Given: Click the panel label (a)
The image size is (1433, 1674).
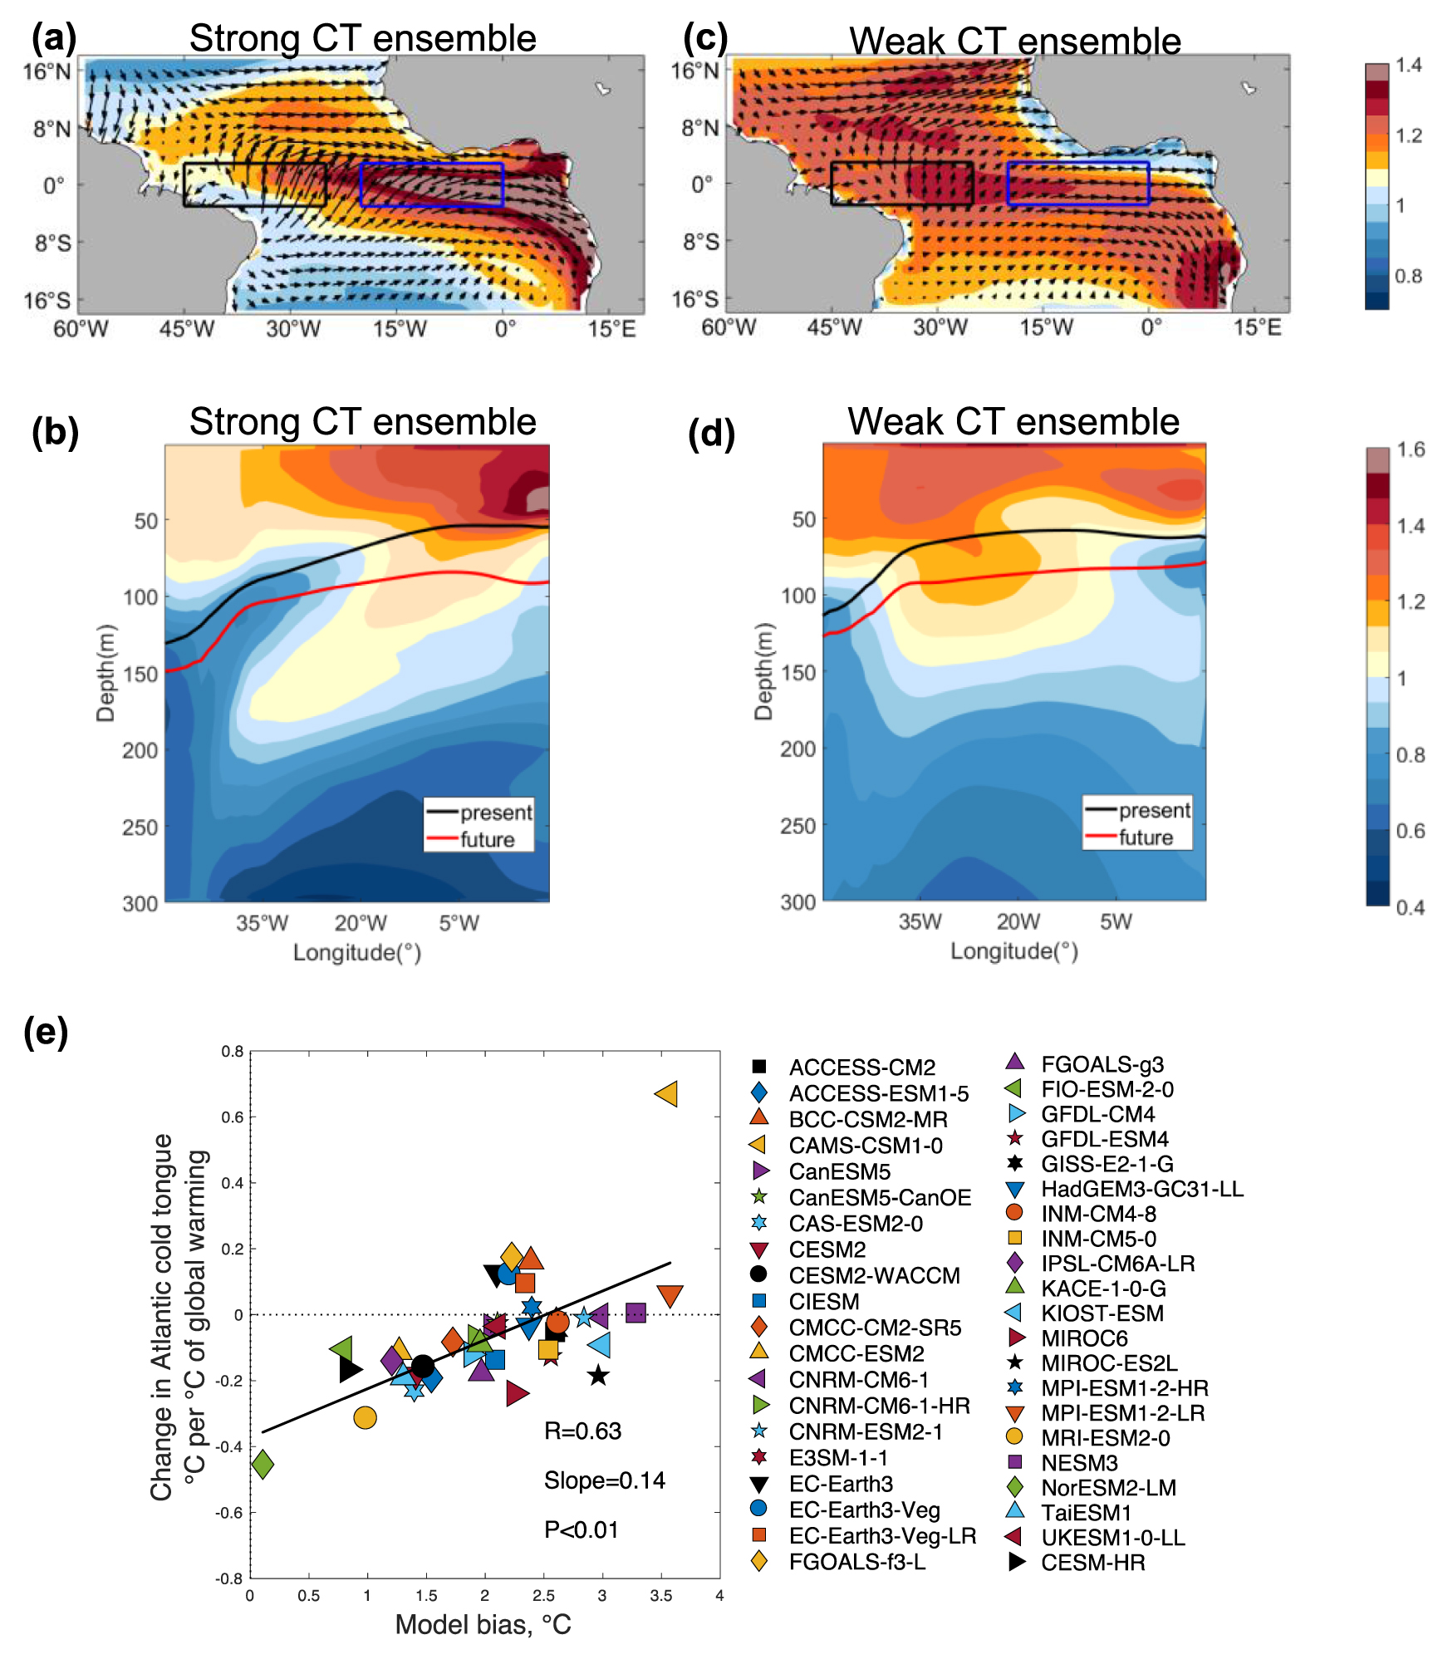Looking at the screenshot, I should [x=54, y=39].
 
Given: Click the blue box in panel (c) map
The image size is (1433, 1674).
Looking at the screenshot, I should [x=1077, y=164].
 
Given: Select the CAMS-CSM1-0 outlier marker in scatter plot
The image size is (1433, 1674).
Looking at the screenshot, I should [x=667, y=1094].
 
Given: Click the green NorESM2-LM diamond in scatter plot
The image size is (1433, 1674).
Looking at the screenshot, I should [x=263, y=1464].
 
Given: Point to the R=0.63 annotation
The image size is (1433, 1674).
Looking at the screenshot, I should [x=582, y=1431].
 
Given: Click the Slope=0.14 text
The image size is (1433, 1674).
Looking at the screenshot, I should [x=604, y=1480].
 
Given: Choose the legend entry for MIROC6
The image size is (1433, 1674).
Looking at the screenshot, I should [x=1084, y=1338].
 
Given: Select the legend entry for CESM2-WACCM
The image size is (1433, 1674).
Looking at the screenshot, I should [x=874, y=1275].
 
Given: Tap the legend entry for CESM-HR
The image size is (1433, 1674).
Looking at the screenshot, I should [x=1092, y=1563].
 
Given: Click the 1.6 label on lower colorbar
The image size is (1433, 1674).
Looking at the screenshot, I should [x=1410, y=449].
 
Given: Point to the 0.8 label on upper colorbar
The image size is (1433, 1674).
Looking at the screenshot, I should [x=1408, y=276].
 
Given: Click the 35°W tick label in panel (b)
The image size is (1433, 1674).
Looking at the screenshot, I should [x=262, y=923].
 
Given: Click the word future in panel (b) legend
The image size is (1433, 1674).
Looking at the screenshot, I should [x=487, y=839].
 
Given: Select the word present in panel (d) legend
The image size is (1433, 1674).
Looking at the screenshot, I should [x=1154, y=810].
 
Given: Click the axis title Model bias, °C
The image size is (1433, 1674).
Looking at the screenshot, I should [x=483, y=1624].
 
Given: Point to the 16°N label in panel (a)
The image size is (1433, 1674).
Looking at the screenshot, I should [x=47, y=71].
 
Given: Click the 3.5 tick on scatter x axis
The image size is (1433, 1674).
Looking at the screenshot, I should [x=660, y=1595].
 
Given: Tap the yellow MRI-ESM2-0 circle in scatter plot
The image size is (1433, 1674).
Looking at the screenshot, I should [x=365, y=1418].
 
